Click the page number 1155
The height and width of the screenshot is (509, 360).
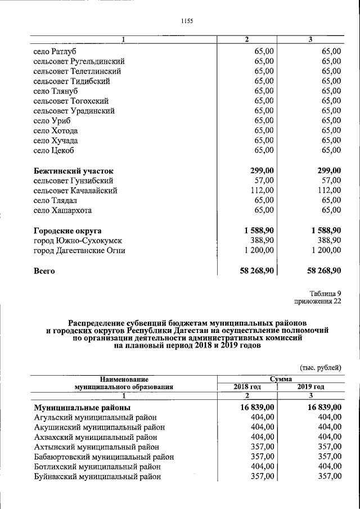187,21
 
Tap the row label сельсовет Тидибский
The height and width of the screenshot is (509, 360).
71,81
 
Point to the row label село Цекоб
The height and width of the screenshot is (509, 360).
54,150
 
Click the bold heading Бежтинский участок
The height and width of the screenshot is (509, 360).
73,170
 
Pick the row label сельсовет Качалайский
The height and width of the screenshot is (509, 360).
75,191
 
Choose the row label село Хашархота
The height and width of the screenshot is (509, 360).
62,210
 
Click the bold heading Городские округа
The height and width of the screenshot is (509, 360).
67,231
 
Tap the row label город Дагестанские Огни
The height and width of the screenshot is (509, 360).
79,251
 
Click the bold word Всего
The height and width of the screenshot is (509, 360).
44,271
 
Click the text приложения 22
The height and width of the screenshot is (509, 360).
318,301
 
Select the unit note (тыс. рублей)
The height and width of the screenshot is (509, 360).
321,367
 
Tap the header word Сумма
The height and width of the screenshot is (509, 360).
280,380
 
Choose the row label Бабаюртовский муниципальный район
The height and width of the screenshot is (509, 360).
103,457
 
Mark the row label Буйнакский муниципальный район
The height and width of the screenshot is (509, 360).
97,476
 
